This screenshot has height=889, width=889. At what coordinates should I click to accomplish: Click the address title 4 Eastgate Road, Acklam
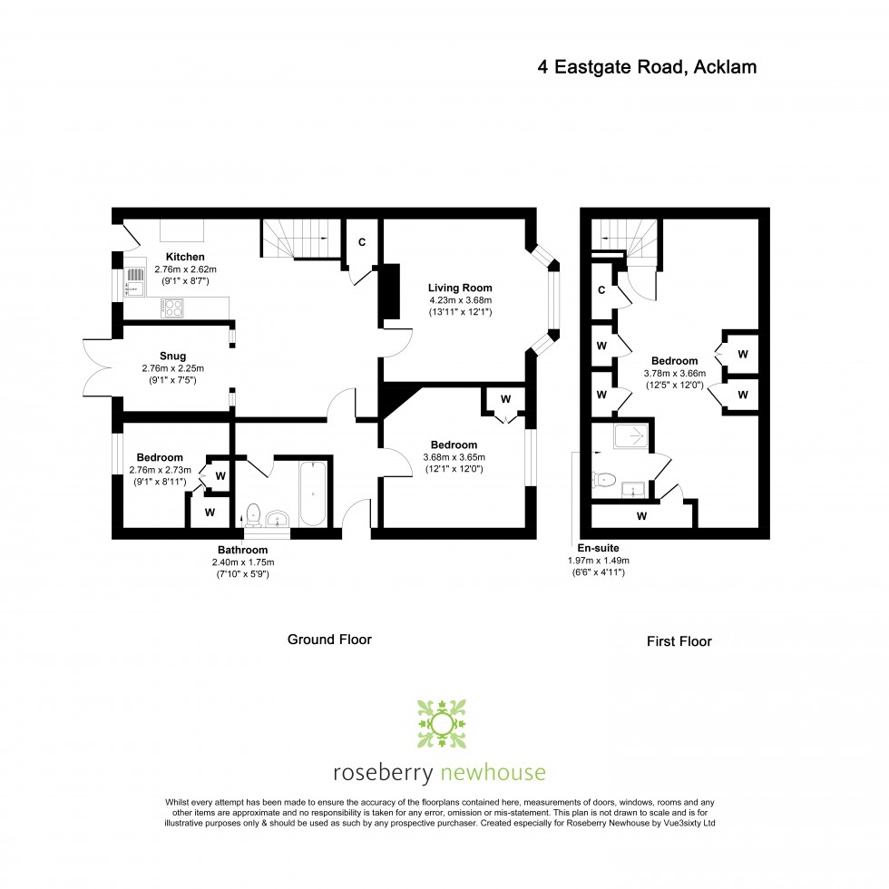point(647,67)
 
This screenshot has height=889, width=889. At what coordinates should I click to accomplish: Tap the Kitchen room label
point(185,257)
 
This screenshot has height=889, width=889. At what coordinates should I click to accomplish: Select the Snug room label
point(172,356)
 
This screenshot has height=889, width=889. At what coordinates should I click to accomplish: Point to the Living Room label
point(460,288)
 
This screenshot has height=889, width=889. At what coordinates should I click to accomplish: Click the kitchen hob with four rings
point(171,308)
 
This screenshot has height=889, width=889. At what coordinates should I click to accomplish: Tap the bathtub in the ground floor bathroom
point(312,493)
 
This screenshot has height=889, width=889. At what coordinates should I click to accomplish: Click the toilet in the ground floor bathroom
point(253,515)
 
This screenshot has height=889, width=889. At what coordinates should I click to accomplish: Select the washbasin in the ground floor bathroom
point(278,519)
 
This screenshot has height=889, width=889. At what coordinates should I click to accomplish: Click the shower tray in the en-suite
point(630,436)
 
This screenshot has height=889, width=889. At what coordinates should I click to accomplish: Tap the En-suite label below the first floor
point(598,548)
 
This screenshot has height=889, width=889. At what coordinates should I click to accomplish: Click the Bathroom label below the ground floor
point(243,550)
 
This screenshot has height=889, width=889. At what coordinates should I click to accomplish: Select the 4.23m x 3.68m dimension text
point(461,300)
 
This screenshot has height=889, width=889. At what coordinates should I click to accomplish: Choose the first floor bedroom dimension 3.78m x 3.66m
point(675,374)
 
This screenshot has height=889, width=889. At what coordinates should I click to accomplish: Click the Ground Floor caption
point(329,640)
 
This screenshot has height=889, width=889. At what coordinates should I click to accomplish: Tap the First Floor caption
point(679,641)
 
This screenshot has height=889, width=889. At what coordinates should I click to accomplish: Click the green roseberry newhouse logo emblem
point(442,724)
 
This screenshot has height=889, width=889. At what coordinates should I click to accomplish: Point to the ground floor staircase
point(300,239)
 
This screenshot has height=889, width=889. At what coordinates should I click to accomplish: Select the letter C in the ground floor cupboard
point(362,242)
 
